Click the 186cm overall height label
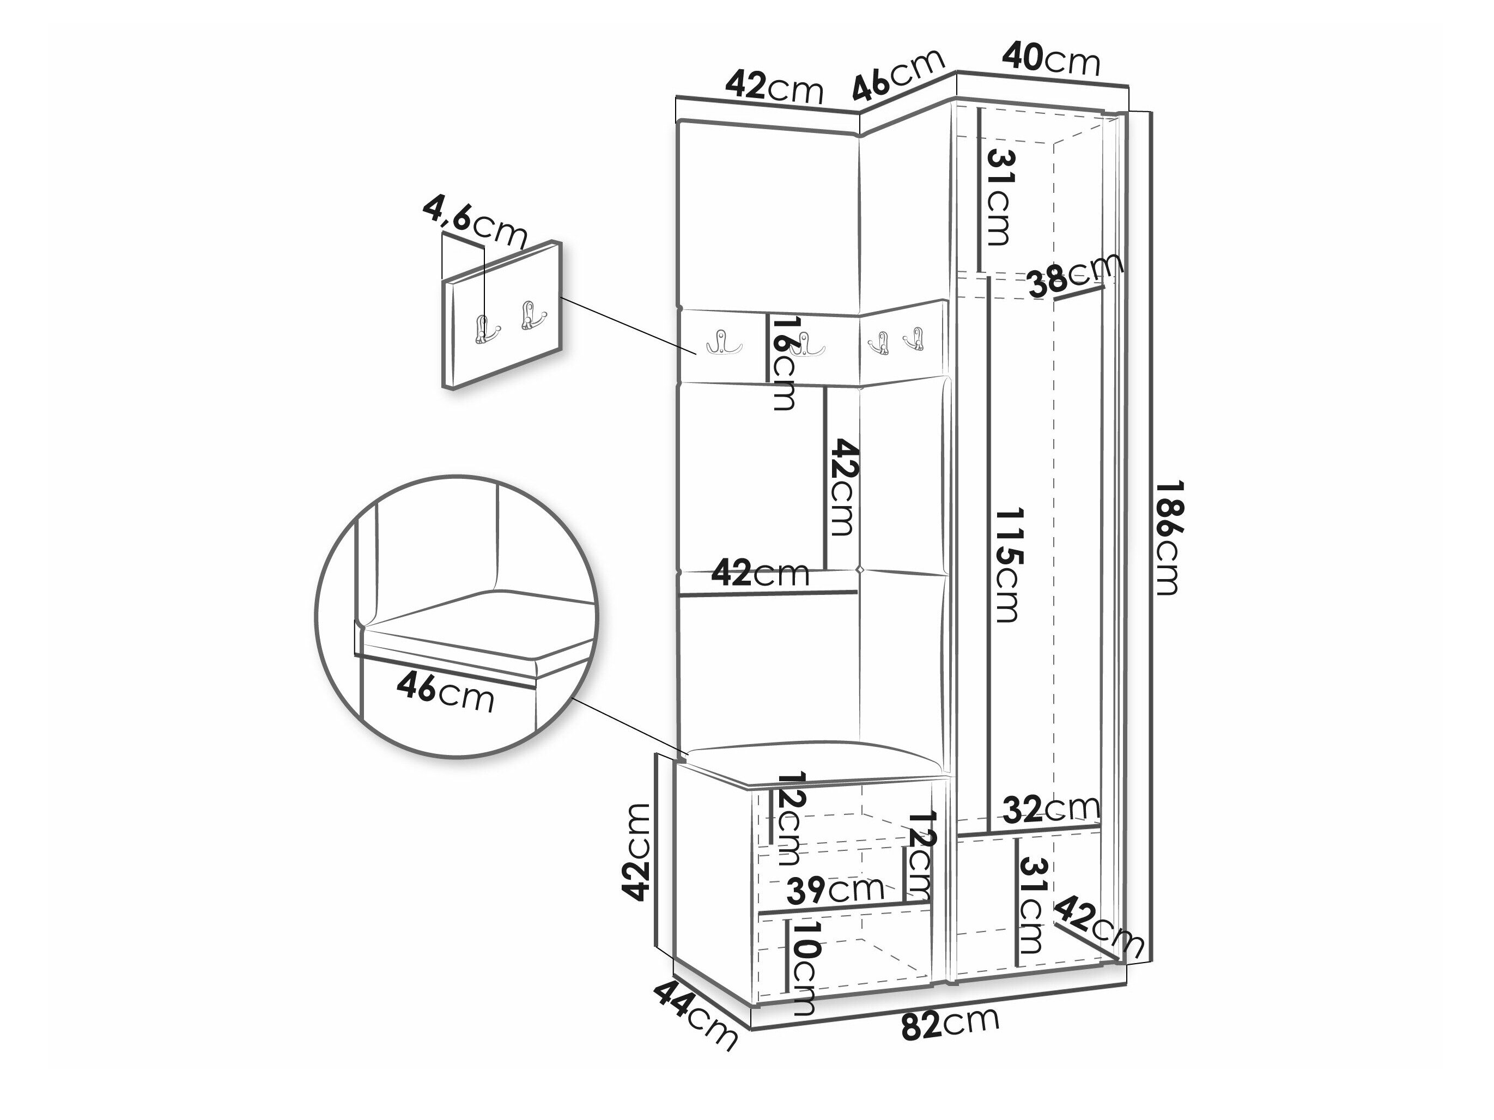tap(1167, 538)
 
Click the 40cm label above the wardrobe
tap(1051, 59)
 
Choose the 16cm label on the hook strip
tap(784, 364)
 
